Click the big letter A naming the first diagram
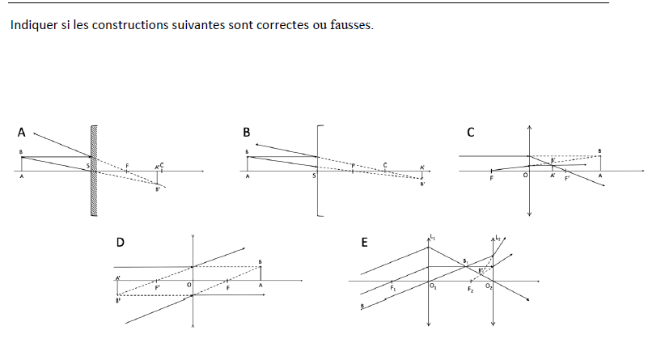point(21,131)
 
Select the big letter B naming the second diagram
point(246,131)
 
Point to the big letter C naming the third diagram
point(470,131)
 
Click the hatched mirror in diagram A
point(95,171)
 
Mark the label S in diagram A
point(88,166)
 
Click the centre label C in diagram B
point(385,165)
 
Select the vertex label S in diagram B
point(314,176)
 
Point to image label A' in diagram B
point(422,167)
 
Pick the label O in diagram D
point(189,285)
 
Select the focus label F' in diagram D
point(157,286)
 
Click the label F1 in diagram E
point(392,287)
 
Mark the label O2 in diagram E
point(488,287)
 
